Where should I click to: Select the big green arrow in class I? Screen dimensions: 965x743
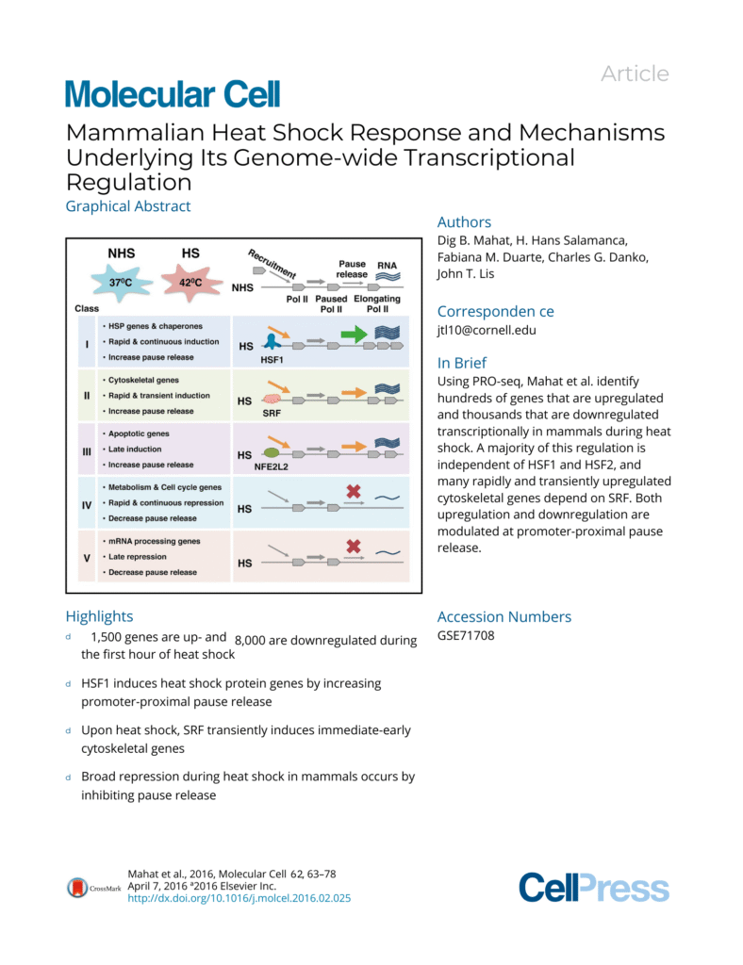(354, 333)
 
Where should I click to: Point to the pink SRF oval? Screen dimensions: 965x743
(271, 399)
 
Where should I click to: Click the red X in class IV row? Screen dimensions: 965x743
(355, 491)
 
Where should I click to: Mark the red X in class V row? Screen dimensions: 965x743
(355, 546)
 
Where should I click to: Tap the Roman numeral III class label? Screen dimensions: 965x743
(87, 450)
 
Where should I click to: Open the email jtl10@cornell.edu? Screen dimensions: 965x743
(481, 332)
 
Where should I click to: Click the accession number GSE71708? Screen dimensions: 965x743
(466, 636)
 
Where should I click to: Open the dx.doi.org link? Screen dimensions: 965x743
(239, 898)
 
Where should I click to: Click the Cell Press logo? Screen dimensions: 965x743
(593, 887)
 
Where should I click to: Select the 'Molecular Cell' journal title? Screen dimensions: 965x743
(173, 93)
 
